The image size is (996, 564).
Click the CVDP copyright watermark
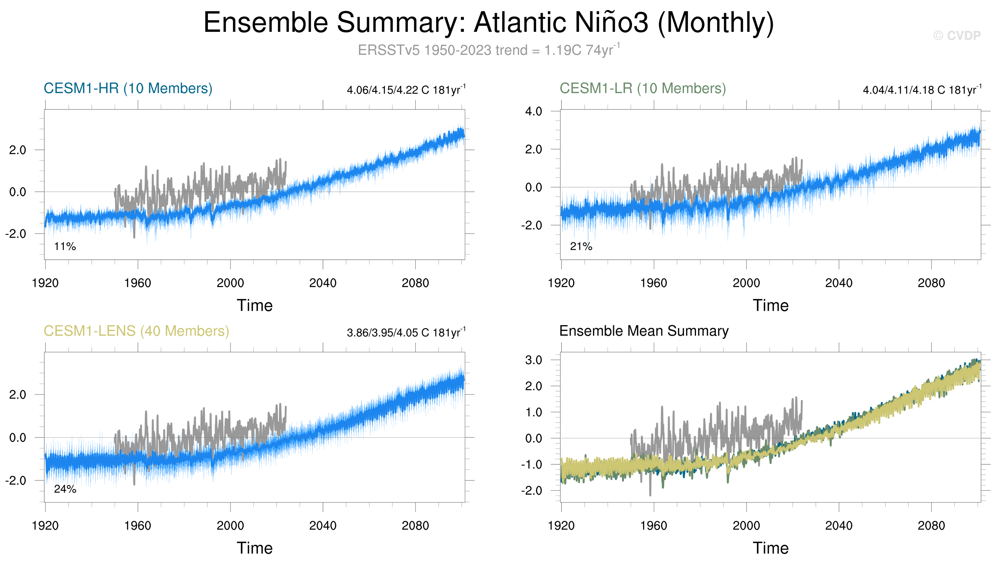[x=957, y=36]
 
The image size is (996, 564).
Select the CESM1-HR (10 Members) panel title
[x=128, y=88]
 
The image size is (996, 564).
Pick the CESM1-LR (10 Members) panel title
[x=642, y=88]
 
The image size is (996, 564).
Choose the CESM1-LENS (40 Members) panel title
[x=136, y=331]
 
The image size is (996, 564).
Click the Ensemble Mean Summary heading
[x=644, y=331]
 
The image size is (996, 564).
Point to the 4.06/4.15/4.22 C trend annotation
[x=406, y=90]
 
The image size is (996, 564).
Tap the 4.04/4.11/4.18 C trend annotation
[x=922, y=90]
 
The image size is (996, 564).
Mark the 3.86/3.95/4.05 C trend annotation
[x=406, y=333]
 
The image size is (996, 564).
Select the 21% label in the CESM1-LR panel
[x=581, y=246]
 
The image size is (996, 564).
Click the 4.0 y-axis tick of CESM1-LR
[x=533, y=112]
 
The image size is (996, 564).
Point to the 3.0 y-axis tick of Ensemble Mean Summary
[x=533, y=360]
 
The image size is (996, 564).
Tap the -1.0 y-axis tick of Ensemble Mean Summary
[x=531, y=465]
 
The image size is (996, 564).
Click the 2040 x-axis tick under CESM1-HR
[x=323, y=283]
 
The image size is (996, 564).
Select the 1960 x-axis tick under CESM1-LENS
[x=138, y=526]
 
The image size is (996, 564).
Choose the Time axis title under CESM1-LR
[x=771, y=306]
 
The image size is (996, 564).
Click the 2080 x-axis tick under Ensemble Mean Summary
[x=931, y=526]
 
